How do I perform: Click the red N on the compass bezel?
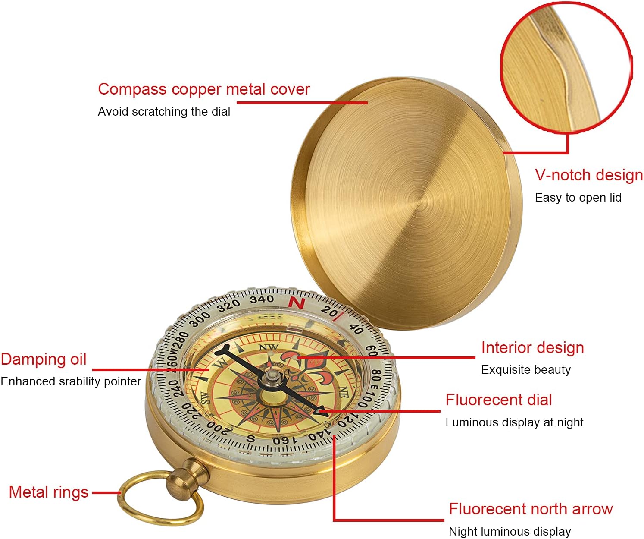coord(297,303)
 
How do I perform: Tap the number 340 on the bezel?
coord(262,299)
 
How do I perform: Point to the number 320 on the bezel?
coord(228,306)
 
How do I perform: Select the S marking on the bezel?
coord(251,438)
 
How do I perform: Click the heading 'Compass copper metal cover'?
coord(204,89)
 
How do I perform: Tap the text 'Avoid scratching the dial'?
coord(164,112)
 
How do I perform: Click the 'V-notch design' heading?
coord(589,175)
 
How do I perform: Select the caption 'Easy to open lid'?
coord(578,197)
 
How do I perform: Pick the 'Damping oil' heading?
coord(44,359)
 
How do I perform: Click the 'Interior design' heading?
coord(533,348)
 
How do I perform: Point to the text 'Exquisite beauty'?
coord(526,370)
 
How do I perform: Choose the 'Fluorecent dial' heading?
coord(498,400)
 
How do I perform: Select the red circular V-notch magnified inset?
coord(566,67)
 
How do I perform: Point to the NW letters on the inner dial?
coord(269,347)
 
